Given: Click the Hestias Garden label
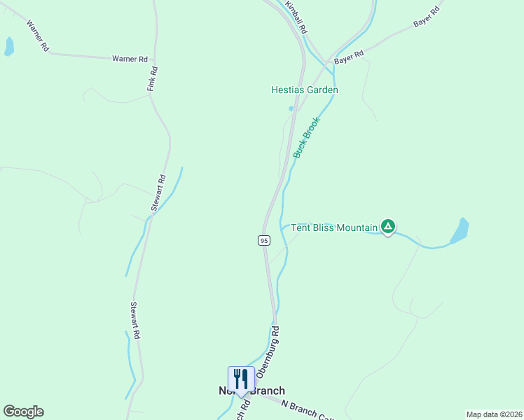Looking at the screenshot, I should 305,90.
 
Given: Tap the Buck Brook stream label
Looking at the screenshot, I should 306,137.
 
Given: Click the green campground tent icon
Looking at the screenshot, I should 387,226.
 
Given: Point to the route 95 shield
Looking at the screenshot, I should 263,240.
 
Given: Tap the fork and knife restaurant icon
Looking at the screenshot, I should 241,379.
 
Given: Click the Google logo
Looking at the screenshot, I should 23,412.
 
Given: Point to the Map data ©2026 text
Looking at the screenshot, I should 494,414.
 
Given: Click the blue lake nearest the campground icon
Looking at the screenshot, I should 459,231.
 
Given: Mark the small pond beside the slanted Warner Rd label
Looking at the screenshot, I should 9,47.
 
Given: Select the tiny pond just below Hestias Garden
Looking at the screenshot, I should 291,108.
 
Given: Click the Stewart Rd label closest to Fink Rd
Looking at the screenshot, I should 159,192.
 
